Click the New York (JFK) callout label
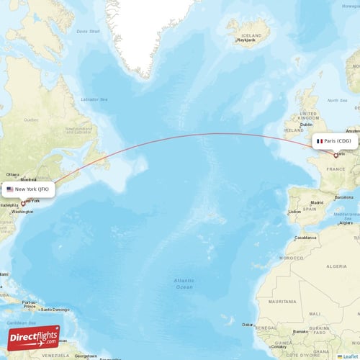coord(28,189)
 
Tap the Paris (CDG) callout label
coord(336,142)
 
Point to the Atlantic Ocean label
coord(184,283)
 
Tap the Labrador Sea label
coord(94,99)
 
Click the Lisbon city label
coord(294,212)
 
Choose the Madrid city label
coord(318,204)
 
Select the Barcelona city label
coord(344,197)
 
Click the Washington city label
coord(23,212)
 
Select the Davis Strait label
coord(89,31)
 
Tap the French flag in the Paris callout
coord(320,142)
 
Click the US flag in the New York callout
coord(10,189)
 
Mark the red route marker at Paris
coord(336,155)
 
